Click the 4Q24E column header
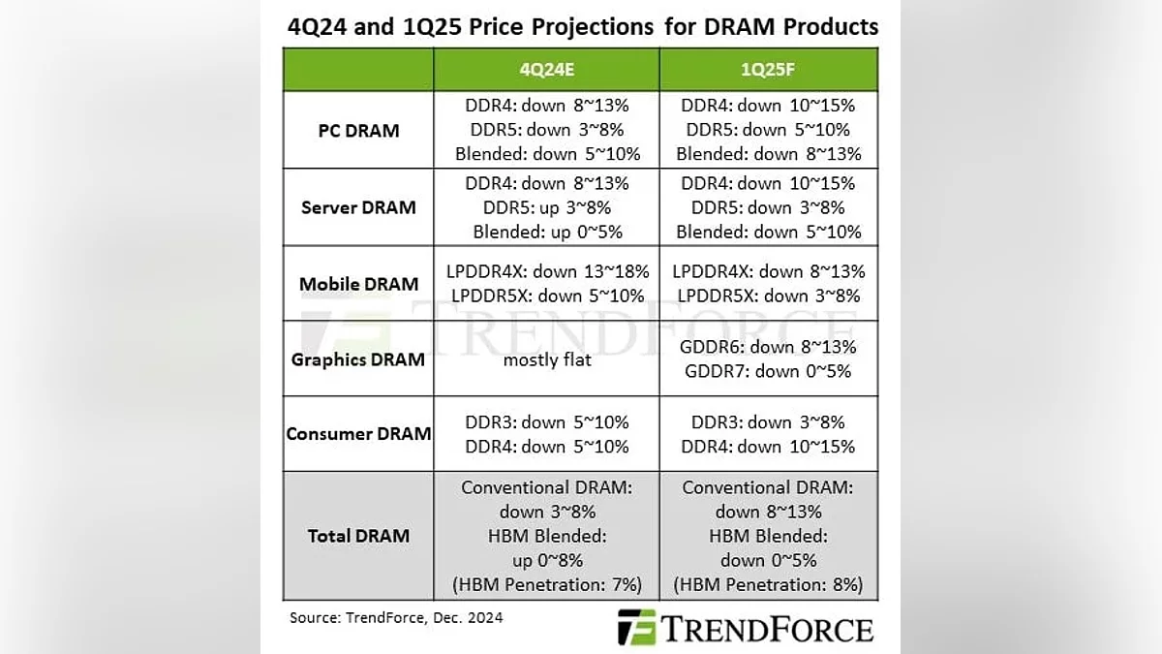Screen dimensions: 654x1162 point(546,70)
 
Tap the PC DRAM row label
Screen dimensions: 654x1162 point(358,130)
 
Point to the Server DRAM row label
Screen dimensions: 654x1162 point(358,207)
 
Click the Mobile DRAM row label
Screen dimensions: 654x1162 point(358,284)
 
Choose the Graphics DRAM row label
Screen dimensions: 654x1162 point(358,359)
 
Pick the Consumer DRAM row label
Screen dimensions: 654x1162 point(358,434)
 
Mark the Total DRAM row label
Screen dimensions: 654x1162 point(358,536)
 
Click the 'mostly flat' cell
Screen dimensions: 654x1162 point(546,359)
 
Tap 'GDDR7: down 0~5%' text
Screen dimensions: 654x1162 point(768,371)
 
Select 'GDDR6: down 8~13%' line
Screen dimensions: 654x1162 point(768,347)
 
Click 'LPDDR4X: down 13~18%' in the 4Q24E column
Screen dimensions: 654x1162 point(546,271)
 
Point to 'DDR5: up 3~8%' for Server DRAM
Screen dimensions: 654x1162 point(546,207)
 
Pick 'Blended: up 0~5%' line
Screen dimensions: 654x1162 point(546,232)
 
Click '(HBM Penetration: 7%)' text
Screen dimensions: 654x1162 point(546,584)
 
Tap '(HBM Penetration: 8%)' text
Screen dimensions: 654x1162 point(768,584)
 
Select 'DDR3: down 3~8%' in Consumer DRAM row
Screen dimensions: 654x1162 point(768,422)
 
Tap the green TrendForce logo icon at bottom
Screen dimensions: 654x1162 point(636,627)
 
